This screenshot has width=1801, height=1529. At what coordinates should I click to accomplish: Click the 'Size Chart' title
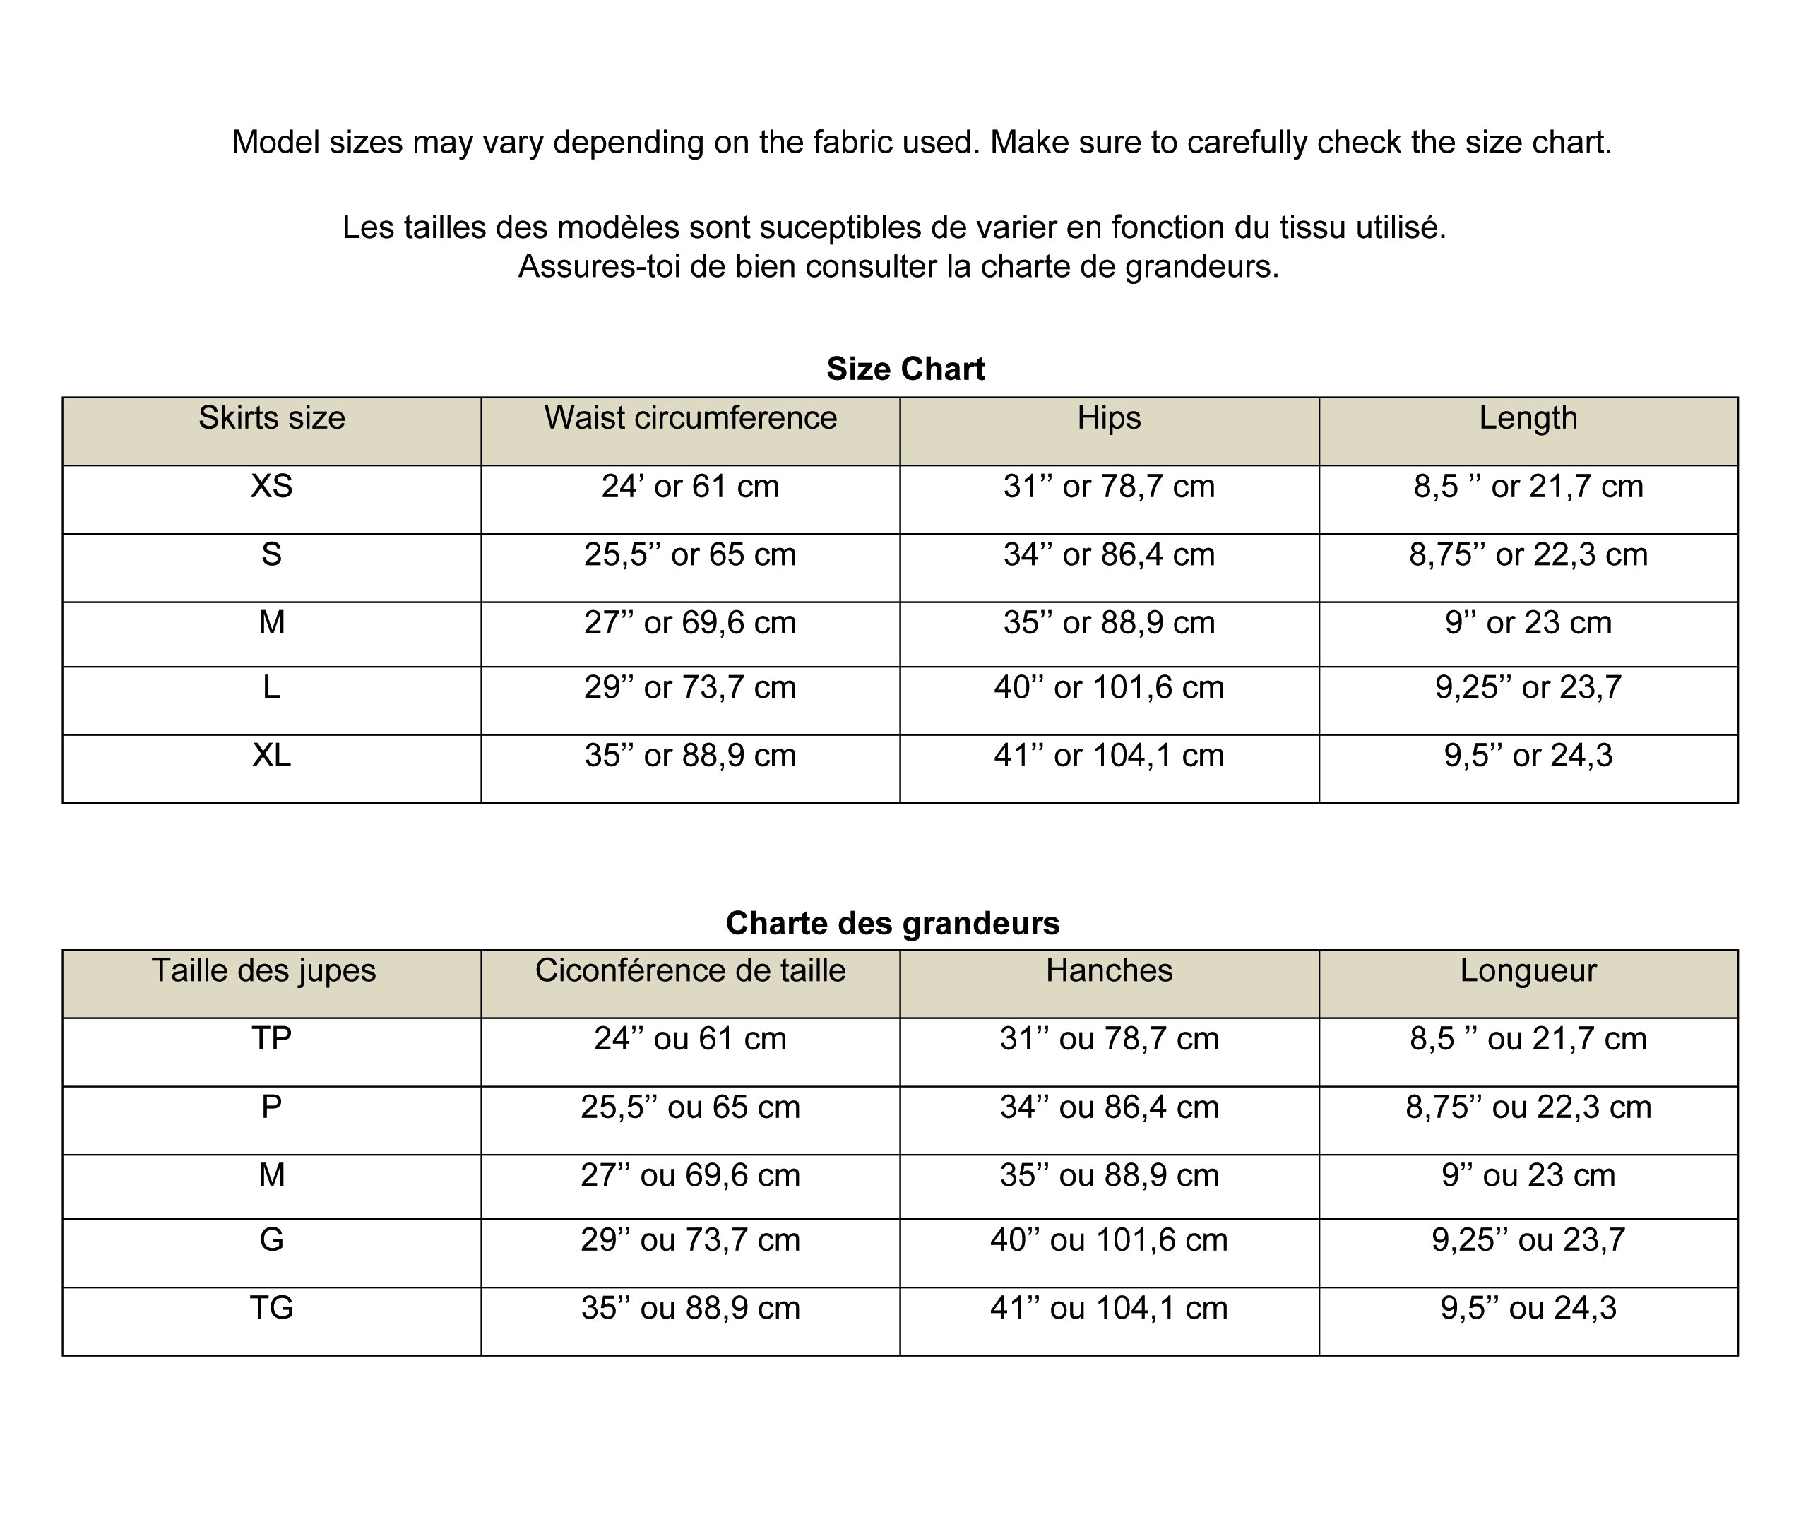[x=905, y=369]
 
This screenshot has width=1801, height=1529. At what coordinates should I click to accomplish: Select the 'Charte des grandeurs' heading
[x=892, y=923]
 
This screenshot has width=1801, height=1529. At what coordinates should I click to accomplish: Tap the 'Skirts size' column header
[x=271, y=418]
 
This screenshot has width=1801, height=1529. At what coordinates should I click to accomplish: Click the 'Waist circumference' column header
[x=690, y=418]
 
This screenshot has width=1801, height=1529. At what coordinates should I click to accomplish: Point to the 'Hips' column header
[x=1109, y=418]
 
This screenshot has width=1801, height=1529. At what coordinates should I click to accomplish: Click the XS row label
[x=271, y=487]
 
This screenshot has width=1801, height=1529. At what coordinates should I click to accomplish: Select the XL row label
[x=271, y=756]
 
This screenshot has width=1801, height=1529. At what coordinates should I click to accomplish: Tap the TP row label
[x=271, y=1038]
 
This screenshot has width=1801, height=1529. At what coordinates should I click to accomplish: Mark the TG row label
[x=271, y=1308]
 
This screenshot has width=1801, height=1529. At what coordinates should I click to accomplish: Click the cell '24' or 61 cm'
[x=690, y=487]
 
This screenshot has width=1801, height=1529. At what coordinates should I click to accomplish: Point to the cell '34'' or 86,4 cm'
[x=1109, y=554]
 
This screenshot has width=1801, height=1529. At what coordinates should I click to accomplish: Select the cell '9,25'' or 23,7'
[x=1527, y=687]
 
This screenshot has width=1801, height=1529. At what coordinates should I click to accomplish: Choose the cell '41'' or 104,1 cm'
[x=1109, y=756]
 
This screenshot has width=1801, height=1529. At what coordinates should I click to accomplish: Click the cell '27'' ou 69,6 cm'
[x=690, y=1175]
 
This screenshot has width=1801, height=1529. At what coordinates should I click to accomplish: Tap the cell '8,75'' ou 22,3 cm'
[x=1527, y=1107]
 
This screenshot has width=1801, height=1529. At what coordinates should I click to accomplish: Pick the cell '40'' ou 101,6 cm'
[x=1109, y=1240]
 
